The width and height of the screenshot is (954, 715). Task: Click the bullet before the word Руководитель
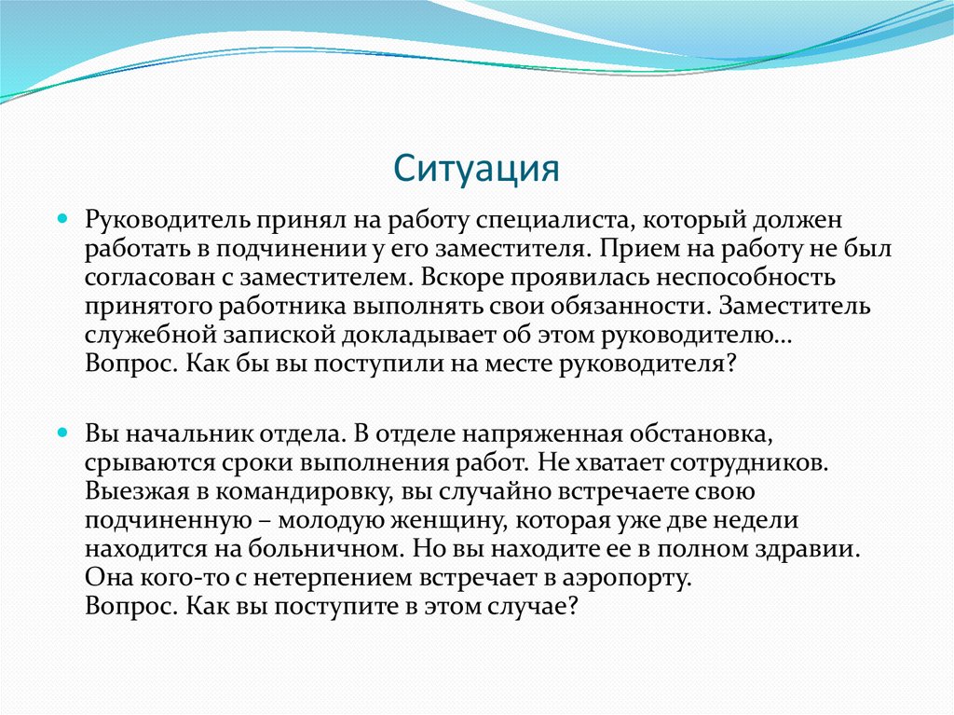pyautogui.click(x=62, y=222)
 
